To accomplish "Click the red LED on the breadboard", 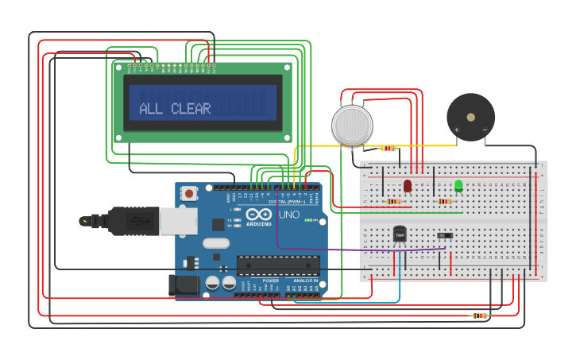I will (x=408, y=185).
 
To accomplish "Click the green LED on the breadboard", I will (x=458, y=186).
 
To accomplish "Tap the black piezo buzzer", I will (x=470, y=117).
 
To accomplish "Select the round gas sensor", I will (x=352, y=126).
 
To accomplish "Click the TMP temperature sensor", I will (x=400, y=234).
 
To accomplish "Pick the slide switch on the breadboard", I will (x=445, y=235).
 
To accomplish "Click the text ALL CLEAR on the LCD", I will (x=175, y=109).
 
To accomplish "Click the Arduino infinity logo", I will (x=258, y=215).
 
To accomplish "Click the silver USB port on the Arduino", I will (x=178, y=221).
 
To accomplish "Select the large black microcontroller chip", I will (x=278, y=265).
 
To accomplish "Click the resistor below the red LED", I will (x=394, y=201).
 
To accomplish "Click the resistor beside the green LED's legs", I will (x=445, y=201).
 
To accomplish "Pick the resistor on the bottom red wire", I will (x=479, y=315).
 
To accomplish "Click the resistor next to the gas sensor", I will (x=388, y=148).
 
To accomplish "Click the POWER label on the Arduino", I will (x=271, y=281).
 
